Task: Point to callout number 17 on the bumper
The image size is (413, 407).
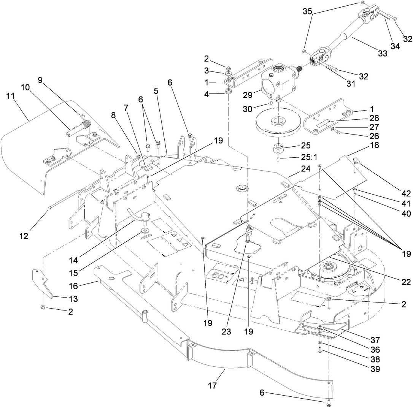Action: coord(212,385)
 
